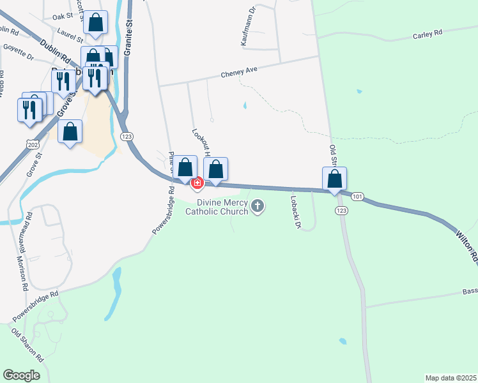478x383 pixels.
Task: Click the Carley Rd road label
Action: click(x=428, y=34)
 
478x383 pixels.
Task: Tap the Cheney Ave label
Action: click(x=238, y=73)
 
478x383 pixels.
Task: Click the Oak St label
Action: click(x=63, y=16)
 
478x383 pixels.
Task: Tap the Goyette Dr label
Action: click(x=18, y=52)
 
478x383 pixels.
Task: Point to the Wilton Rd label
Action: click(x=466, y=246)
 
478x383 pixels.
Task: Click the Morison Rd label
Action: click(x=22, y=274)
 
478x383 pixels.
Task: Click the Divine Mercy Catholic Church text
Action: click(x=216, y=206)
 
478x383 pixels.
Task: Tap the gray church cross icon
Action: click(x=258, y=206)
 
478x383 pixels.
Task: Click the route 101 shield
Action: click(x=357, y=197)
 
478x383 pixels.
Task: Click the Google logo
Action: click(x=21, y=375)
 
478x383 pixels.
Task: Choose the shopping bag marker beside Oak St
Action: click(x=96, y=24)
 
